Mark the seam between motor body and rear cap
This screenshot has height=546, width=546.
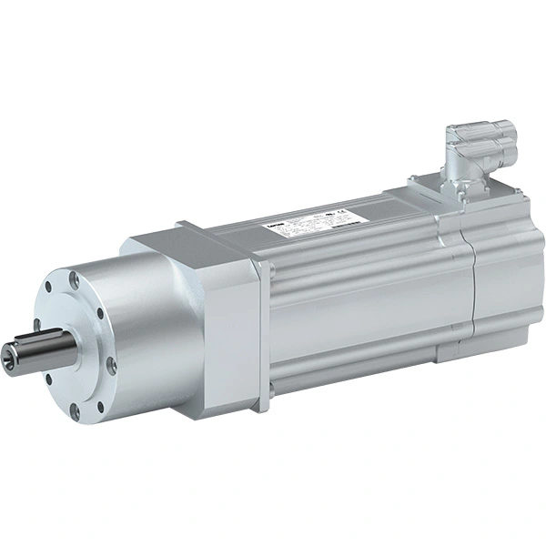[x=470, y=273]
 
